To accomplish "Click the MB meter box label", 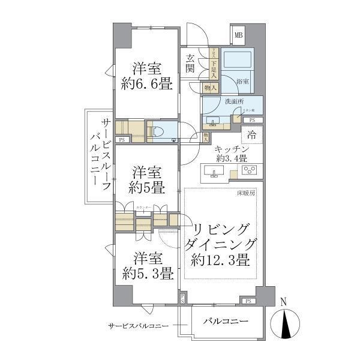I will click(238, 35).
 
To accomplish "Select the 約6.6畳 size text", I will click(147, 85).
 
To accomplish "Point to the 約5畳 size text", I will click(147, 187).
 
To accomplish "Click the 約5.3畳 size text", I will click(147, 275).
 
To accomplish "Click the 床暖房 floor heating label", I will click(246, 194).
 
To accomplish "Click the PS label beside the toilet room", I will click(122, 140).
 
